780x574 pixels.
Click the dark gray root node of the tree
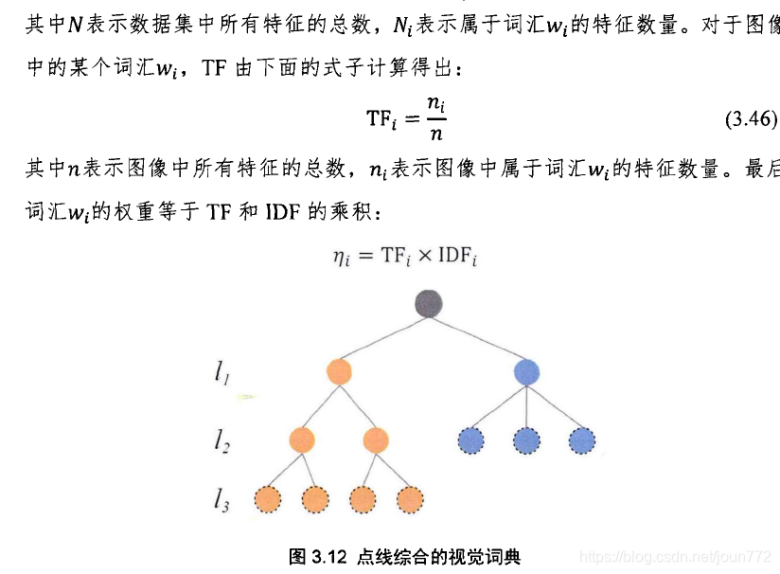pos(429,303)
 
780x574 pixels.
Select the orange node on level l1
pos(338,371)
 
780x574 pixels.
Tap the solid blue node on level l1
pos(526,371)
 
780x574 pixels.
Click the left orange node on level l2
pos(301,439)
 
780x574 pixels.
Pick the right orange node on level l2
pos(376,439)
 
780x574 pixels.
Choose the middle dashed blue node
pos(526,439)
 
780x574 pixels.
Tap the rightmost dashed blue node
pos(582,439)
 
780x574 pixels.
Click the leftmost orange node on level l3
pos(268,499)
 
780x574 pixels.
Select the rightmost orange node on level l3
pos(409,499)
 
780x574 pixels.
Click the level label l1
pos(222,375)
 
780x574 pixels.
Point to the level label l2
pos(222,440)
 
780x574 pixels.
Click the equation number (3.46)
pos(751,118)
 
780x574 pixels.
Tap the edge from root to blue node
pos(478,337)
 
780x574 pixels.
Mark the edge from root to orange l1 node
pos(383,337)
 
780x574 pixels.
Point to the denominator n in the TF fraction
pos(436,135)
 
